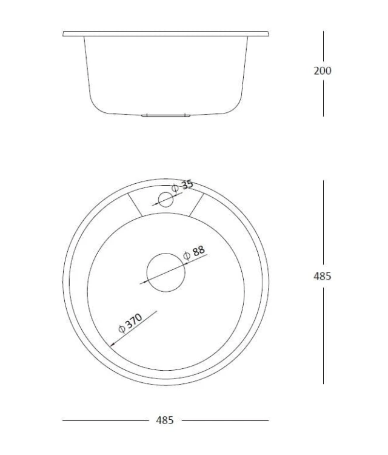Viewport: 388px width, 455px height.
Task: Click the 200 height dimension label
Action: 322,71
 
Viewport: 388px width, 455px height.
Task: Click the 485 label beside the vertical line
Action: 322,276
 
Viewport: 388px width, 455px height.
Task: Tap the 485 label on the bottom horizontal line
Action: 165,420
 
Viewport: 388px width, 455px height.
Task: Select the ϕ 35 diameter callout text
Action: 182,186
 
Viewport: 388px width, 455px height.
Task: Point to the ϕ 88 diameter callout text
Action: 194,252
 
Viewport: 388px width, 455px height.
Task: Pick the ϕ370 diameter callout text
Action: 130,323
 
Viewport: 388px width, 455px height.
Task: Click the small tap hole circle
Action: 166,200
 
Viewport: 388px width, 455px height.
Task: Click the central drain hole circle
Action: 166,272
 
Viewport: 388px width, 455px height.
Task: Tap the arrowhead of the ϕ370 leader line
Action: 112,345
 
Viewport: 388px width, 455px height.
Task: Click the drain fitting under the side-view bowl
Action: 166,115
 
